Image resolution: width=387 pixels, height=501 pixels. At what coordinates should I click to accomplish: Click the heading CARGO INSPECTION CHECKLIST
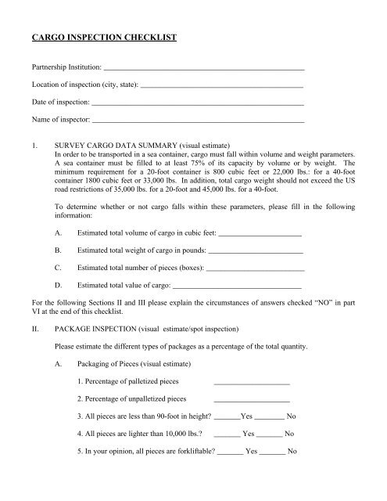pos(103,36)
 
